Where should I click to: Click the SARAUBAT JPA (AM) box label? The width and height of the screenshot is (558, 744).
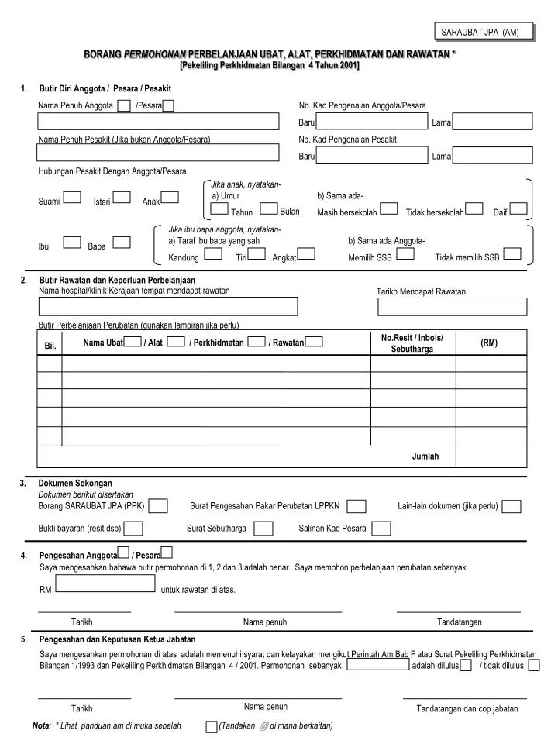tap(485, 32)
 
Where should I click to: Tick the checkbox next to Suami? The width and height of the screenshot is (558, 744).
tap(72, 197)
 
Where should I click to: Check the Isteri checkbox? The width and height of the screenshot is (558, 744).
tap(123, 197)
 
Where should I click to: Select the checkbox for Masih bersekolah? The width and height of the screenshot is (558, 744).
tap(389, 208)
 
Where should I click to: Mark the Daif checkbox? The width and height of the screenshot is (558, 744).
tap(518, 208)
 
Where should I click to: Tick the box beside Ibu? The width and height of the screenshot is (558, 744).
tap(72, 242)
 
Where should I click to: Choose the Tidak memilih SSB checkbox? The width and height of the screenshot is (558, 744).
tap(511, 253)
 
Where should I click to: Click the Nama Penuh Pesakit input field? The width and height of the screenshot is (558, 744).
tap(158, 152)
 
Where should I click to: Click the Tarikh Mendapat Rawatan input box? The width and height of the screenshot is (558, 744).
tap(453, 307)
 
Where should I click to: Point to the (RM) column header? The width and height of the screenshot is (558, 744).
tap(489, 343)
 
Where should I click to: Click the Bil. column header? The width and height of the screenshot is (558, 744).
tap(50, 346)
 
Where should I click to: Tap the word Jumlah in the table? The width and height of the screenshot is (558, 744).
tap(425, 456)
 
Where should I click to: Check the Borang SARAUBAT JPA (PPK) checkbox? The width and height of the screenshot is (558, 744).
tap(158, 506)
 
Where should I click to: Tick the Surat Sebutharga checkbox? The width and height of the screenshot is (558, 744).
tap(263, 529)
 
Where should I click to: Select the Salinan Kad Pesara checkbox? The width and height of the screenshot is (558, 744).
tap(381, 529)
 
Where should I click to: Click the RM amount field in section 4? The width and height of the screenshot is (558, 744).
tap(106, 584)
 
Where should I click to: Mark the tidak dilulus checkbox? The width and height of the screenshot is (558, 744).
tap(534, 665)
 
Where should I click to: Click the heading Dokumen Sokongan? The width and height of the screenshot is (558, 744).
tap(75, 483)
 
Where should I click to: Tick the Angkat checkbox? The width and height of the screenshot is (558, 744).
tap(306, 253)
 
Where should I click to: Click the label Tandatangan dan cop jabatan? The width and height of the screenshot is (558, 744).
tap(467, 709)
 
